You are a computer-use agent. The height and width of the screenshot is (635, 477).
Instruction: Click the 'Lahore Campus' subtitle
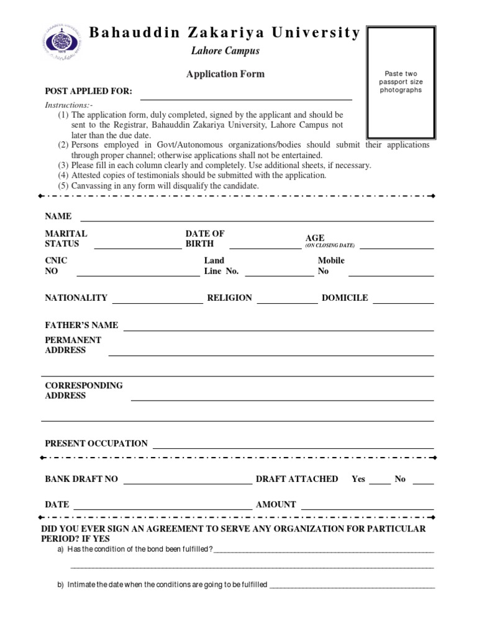click(225, 51)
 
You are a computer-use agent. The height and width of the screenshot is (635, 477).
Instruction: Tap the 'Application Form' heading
click(225, 74)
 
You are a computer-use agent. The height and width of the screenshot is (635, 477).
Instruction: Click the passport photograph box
click(401, 82)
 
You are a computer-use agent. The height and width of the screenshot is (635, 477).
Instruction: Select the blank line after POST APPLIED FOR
click(246, 98)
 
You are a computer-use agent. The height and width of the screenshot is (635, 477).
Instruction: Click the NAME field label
click(58, 216)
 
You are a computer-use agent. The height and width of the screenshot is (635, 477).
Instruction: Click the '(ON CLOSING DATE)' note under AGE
click(330, 246)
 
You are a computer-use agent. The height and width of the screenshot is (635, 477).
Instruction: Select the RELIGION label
click(229, 298)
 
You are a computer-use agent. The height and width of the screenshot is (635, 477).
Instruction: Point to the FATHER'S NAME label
click(81, 325)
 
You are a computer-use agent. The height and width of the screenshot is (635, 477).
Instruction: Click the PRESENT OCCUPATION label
click(96, 443)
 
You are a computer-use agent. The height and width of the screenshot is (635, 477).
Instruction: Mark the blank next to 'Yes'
click(379, 482)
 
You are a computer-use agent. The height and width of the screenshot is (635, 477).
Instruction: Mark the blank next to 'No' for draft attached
click(423, 482)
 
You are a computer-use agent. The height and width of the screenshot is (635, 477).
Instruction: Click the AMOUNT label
click(276, 505)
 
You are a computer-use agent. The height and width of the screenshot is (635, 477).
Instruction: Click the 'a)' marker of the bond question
click(60, 549)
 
